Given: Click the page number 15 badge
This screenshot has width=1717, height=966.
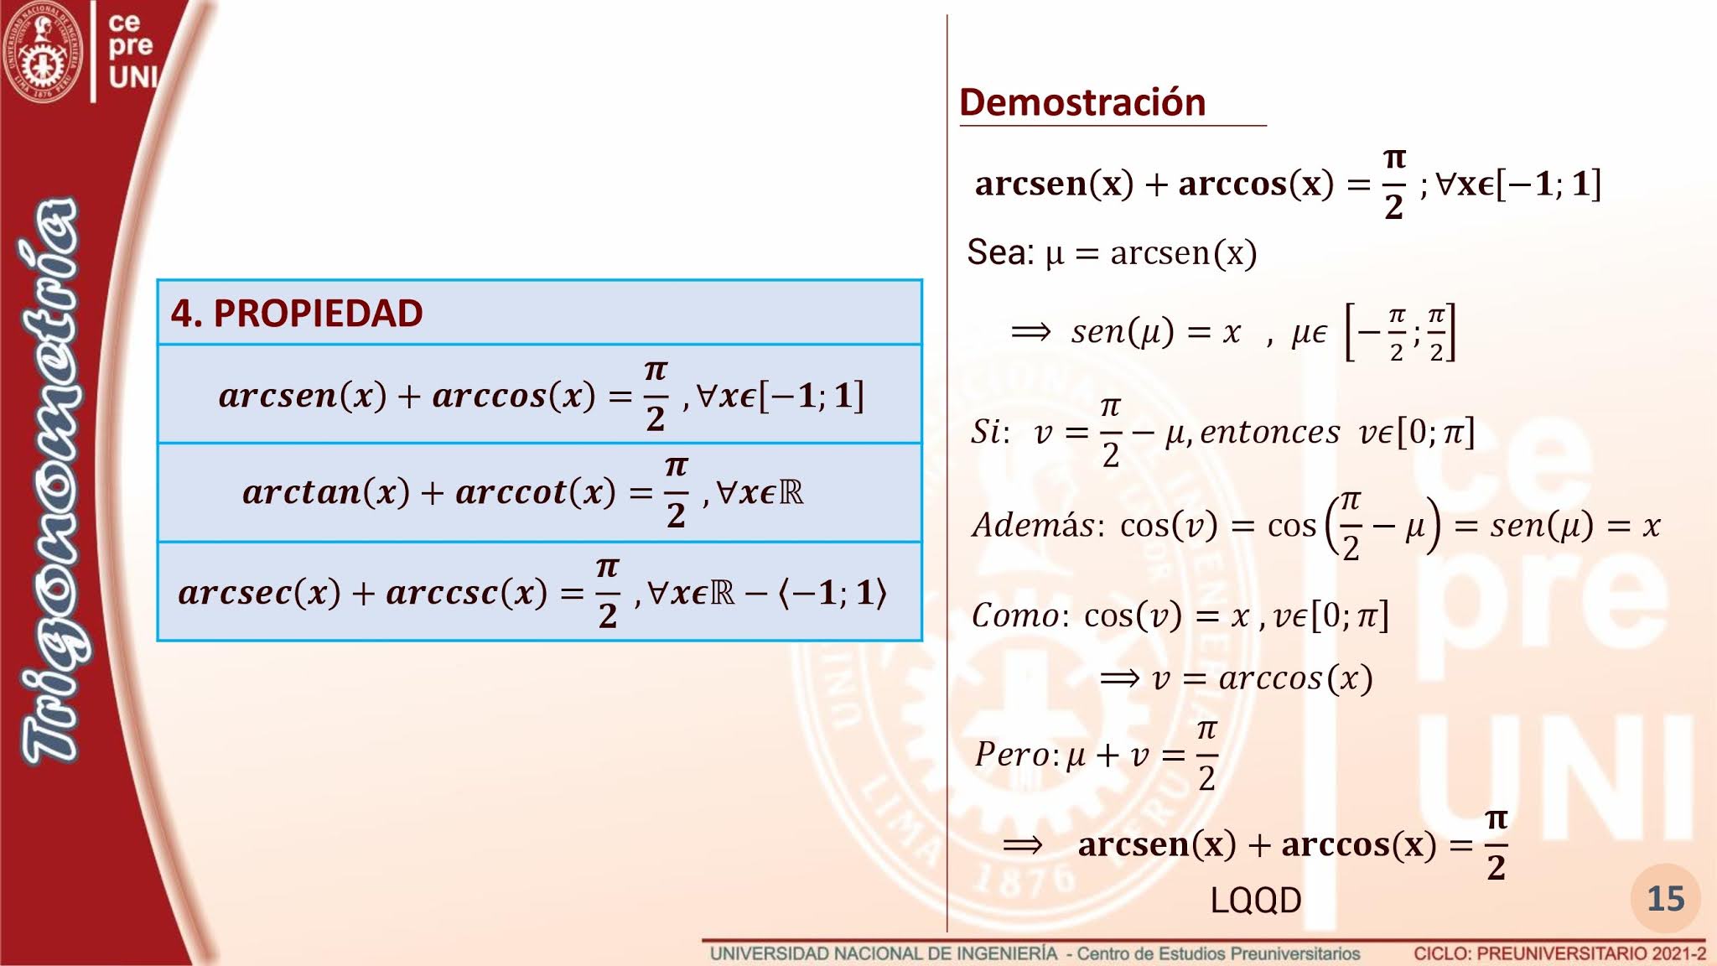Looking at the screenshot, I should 1665,899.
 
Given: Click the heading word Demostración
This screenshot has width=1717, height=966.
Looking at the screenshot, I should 1082,102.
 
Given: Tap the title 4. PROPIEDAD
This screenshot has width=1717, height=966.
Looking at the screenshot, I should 297,313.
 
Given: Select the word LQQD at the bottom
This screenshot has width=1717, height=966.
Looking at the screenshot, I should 1255,900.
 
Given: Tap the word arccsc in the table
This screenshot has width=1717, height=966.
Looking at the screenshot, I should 442,593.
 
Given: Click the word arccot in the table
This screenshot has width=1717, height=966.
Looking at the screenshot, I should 511,492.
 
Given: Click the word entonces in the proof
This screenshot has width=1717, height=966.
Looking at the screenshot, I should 1269,433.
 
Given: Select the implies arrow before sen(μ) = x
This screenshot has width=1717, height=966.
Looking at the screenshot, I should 1030,332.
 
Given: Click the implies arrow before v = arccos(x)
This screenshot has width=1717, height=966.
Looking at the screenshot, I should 1119,678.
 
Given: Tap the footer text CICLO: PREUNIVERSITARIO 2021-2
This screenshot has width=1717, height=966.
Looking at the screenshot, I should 1559,953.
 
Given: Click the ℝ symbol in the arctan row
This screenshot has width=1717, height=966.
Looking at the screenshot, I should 791,492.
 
